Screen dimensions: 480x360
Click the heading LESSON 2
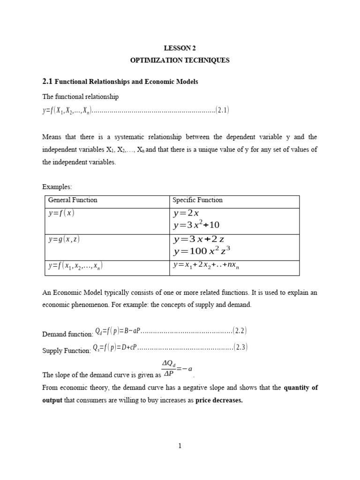tap(180, 48)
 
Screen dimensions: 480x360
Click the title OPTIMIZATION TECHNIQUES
tap(180, 61)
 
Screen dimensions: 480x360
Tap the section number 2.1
tap(48, 82)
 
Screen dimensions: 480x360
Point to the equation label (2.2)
tap(240, 331)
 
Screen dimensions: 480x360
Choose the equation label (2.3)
tap(241, 347)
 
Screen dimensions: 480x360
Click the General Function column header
tap(73, 200)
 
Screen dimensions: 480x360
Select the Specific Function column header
tap(197, 200)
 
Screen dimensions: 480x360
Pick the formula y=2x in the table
tap(186, 214)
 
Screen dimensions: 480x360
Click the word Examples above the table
tap(57, 187)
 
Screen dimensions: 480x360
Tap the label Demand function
tap(67, 334)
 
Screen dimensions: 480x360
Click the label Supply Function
tap(66, 351)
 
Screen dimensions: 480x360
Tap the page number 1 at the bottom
tap(180, 446)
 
